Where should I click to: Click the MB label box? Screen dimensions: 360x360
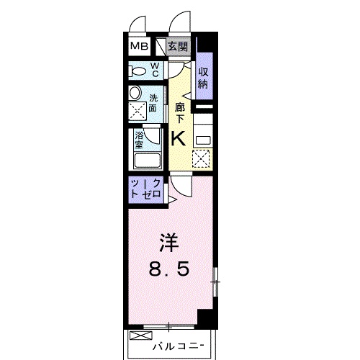(x=140, y=47)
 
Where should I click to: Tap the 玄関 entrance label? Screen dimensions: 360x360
(x=179, y=47)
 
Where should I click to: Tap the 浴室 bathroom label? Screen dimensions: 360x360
(x=139, y=137)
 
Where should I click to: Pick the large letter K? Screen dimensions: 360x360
(x=179, y=138)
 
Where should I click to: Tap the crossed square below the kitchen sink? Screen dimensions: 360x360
(x=202, y=158)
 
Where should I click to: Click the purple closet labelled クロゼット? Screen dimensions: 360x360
(x=146, y=190)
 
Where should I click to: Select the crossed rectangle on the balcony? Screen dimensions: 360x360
(x=136, y=336)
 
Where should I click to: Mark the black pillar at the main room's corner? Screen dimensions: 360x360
(x=206, y=318)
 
